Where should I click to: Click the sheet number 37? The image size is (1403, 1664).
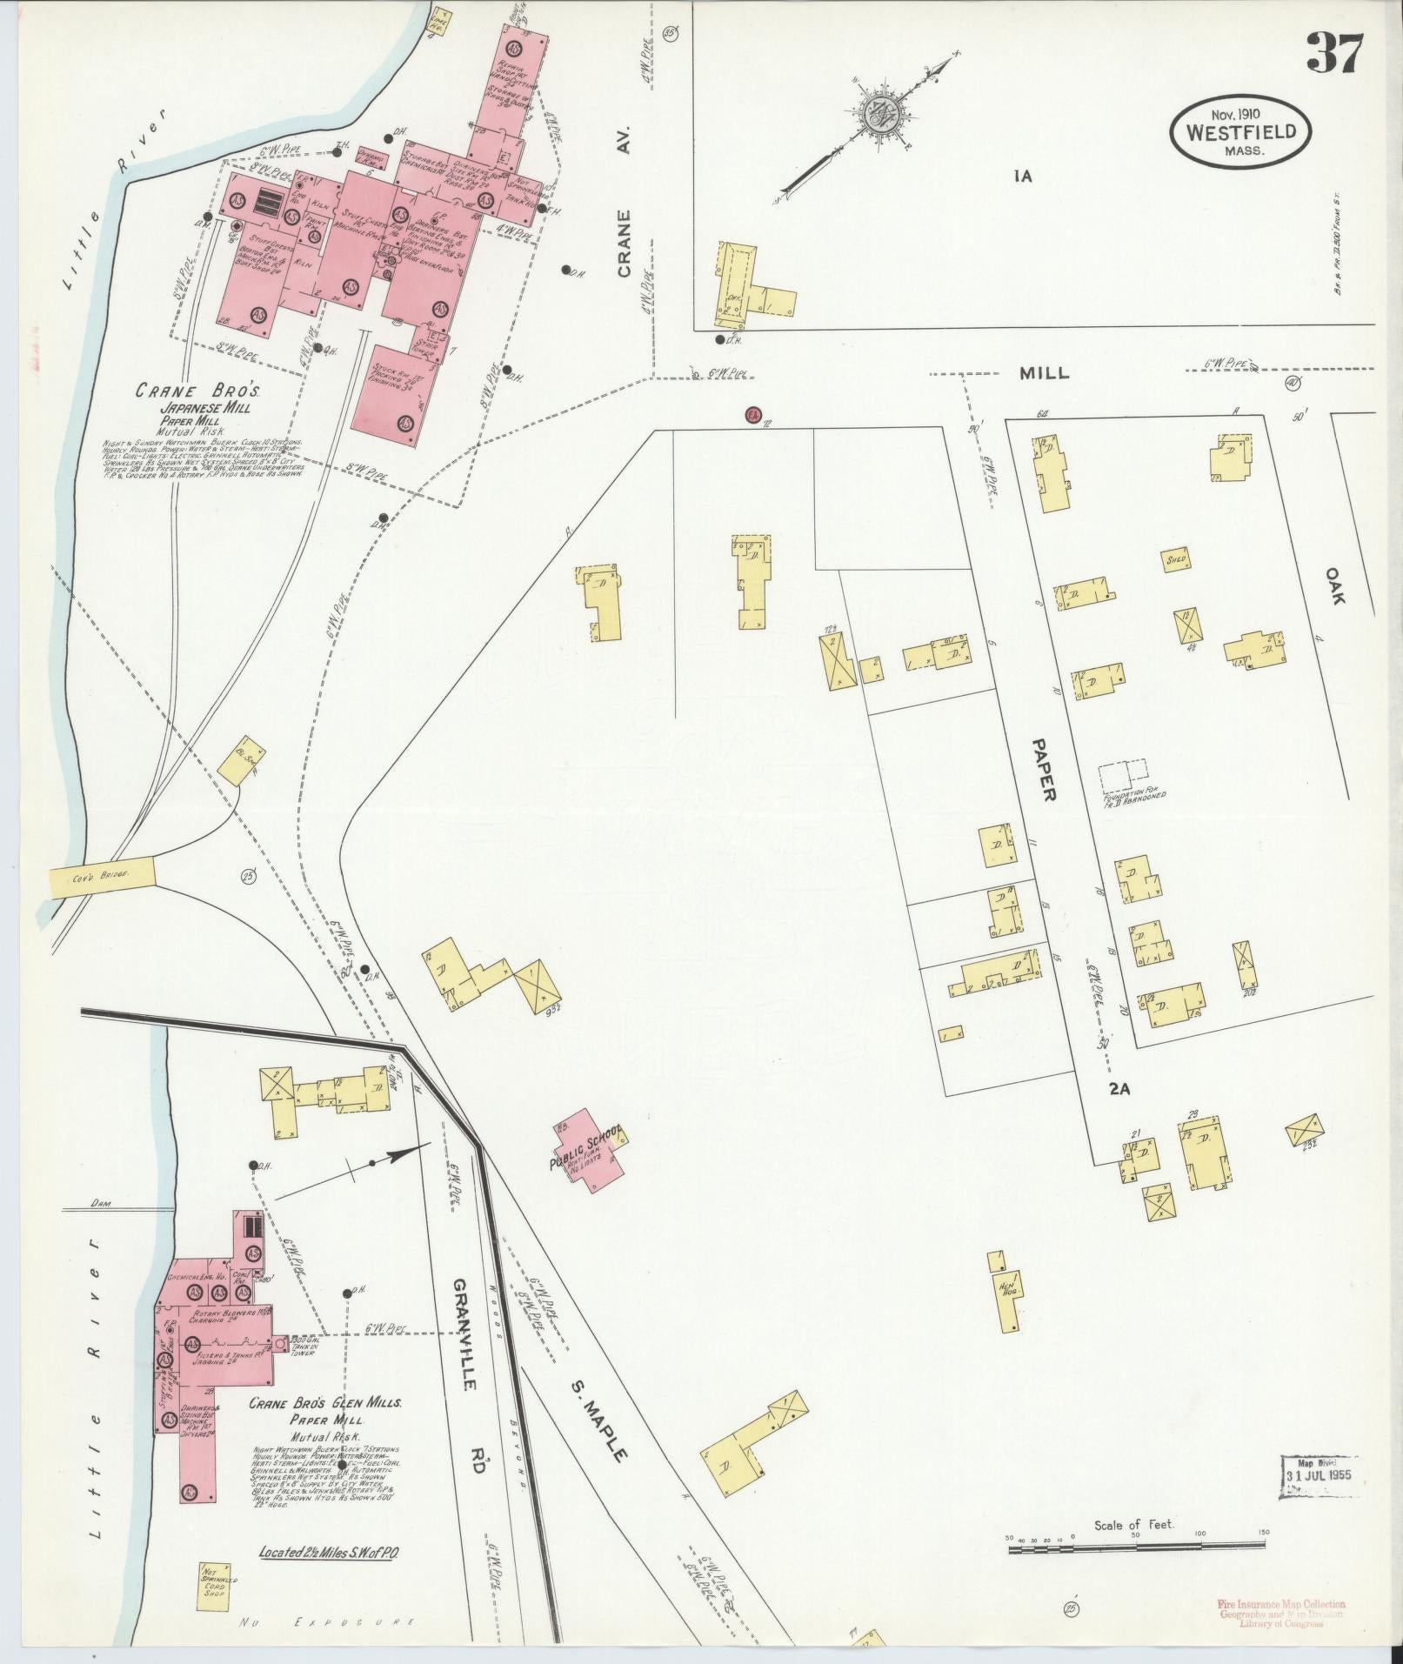click(x=1334, y=54)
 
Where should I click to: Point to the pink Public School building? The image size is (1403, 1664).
click(x=590, y=1149)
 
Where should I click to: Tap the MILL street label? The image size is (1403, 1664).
click(x=1045, y=374)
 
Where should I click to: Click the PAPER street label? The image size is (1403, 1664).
click(x=1043, y=770)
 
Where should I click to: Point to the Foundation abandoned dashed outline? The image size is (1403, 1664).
click(x=1123, y=772)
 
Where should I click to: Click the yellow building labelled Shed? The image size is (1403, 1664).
click(x=1177, y=559)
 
